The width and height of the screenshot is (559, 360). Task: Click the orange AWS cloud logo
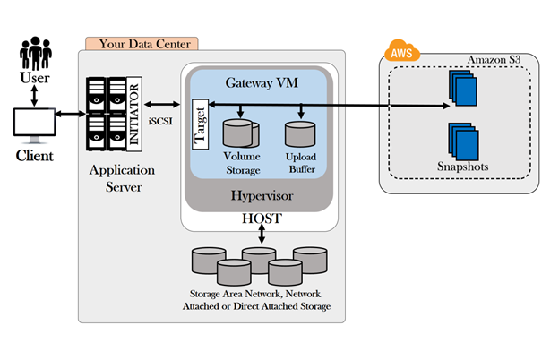click(x=401, y=51)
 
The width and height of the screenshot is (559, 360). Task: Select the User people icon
click(x=35, y=53)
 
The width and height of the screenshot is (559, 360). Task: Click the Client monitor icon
click(x=35, y=125)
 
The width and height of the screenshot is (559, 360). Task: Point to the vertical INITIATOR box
click(x=134, y=114)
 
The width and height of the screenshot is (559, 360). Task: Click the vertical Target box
click(x=200, y=124)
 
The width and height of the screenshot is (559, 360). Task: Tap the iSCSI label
click(x=160, y=122)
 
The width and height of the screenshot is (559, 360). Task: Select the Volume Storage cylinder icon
click(x=241, y=133)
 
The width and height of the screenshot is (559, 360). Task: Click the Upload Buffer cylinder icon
click(x=300, y=134)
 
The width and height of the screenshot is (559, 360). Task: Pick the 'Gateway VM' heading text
click(x=262, y=83)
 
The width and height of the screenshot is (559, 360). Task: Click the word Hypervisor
click(x=262, y=196)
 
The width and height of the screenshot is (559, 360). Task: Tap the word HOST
click(x=262, y=219)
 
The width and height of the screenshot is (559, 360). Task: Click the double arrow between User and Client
click(x=34, y=96)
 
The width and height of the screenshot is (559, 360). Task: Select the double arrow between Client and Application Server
click(x=70, y=114)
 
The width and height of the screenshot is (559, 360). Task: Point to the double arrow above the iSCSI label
click(x=162, y=105)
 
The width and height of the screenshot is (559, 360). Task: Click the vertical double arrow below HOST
click(x=262, y=234)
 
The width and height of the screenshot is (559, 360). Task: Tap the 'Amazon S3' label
click(x=494, y=60)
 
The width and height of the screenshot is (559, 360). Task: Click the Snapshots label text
click(x=463, y=167)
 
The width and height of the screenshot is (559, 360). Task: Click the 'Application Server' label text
click(x=122, y=178)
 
